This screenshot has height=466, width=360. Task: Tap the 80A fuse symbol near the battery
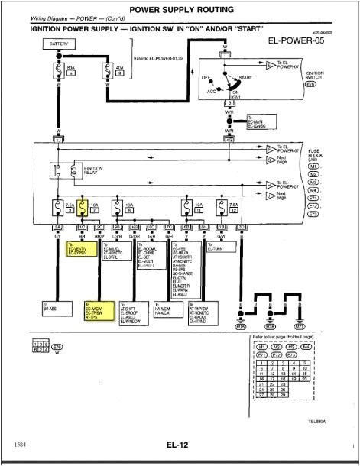pos(58,73)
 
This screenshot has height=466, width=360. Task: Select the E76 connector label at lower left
pos(56,345)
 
